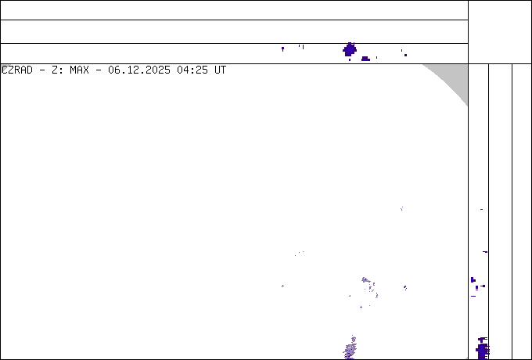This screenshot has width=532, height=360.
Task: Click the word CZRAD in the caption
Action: (x=17, y=70)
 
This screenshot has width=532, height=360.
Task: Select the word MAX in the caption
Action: (x=79, y=70)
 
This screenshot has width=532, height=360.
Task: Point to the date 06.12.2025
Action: (x=139, y=70)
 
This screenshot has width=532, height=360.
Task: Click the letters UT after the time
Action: (x=220, y=70)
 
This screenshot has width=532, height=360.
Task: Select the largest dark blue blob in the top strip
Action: (x=350, y=50)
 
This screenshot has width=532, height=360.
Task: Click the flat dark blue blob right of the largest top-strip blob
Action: (x=365, y=59)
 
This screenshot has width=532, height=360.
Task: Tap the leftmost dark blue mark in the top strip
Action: (x=282, y=49)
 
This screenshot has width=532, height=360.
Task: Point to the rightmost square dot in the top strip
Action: (x=405, y=55)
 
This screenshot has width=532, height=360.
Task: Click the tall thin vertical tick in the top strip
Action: (x=303, y=47)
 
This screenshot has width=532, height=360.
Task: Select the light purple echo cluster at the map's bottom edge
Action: (x=350, y=347)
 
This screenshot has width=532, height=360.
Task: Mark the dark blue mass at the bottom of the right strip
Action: (x=483, y=349)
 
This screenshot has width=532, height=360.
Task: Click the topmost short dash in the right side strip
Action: (x=481, y=210)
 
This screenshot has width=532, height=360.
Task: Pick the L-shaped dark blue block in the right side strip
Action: (x=473, y=280)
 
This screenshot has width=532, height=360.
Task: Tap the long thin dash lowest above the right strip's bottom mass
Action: (x=473, y=296)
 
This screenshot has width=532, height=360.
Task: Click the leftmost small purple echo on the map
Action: (x=282, y=286)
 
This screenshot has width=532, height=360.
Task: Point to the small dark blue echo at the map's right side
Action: (x=405, y=288)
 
